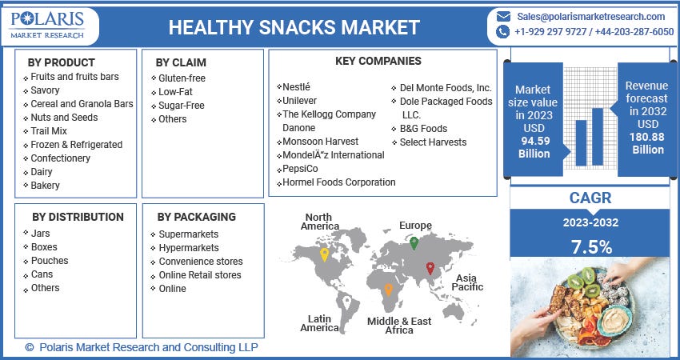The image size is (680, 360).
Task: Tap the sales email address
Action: point(590,16)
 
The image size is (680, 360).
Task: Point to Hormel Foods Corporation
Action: point(339,182)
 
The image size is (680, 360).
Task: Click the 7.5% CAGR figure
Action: point(592,246)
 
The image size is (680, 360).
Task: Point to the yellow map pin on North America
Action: point(323,255)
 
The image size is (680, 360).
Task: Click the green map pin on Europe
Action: point(414,242)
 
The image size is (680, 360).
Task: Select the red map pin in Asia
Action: point(430,268)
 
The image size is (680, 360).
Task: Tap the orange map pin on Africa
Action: point(388,289)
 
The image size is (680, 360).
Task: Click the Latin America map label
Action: point(319,323)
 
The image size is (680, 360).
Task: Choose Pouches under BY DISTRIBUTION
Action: point(50,261)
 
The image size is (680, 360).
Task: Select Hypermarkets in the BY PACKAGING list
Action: point(189,248)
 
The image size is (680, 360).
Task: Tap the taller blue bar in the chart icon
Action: point(598,138)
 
